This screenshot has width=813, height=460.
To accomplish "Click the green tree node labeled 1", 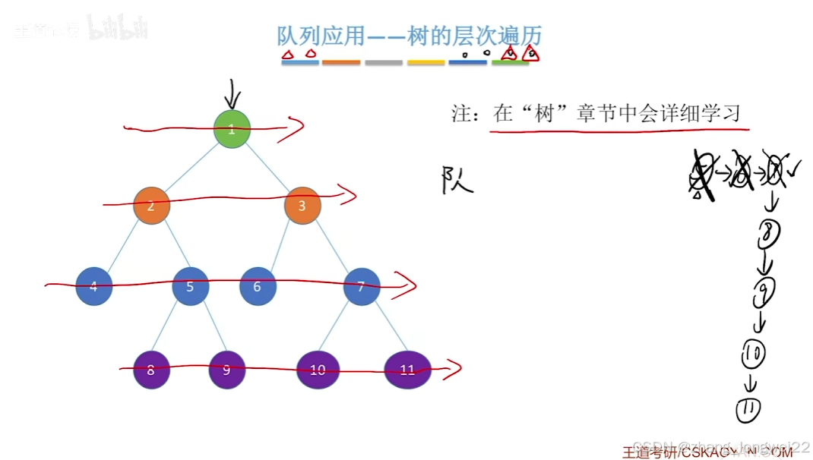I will [x=232, y=129].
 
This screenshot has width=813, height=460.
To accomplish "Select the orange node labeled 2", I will [x=151, y=205].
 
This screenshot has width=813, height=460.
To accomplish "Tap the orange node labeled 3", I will [x=302, y=205].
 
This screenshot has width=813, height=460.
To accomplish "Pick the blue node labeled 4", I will [x=94, y=287].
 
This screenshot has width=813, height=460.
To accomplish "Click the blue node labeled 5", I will [x=190, y=287].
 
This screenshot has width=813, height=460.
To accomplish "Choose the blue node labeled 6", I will [x=258, y=287].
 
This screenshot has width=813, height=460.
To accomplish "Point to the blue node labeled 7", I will [x=362, y=287].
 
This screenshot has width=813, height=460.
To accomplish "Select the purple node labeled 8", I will [x=151, y=370].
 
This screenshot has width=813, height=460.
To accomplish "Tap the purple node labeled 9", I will [x=227, y=370].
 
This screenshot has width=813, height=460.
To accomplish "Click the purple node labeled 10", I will [x=318, y=370].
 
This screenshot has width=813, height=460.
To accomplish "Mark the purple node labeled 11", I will [x=408, y=370].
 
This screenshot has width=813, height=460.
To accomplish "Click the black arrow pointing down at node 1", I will [x=233, y=96].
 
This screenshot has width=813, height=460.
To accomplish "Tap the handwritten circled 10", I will [x=754, y=352].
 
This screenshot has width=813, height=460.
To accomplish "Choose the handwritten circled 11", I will [x=748, y=410].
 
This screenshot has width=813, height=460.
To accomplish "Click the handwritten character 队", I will [x=457, y=181].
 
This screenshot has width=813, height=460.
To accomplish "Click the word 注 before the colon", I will [x=463, y=114].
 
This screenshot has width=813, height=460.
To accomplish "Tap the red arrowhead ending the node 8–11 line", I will [x=453, y=370].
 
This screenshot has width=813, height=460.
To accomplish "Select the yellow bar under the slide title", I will [x=425, y=62].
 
